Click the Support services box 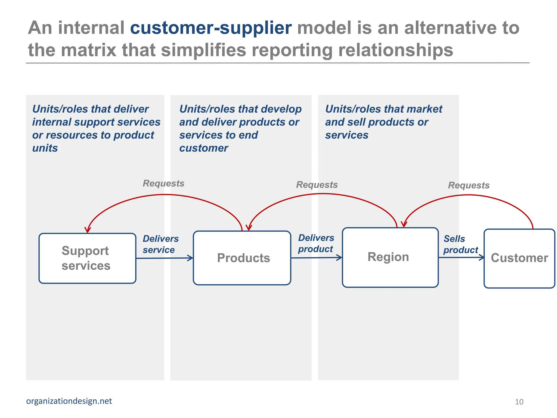click(x=87, y=258)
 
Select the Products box click(x=242, y=258)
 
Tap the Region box click(x=390, y=257)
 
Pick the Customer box click(x=519, y=258)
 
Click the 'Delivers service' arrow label click(x=160, y=244)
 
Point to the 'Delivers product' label click(x=316, y=243)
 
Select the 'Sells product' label click(x=460, y=244)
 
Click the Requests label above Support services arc click(x=163, y=183)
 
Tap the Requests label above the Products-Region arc click(x=317, y=185)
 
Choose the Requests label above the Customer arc click(x=469, y=185)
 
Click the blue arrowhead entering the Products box click(x=190, y=258)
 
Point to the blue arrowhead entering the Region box click(x=339, y=257)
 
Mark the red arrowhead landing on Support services click(x=88, y=230)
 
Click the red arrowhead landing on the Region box click(x=404, y=224)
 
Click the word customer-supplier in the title click(x=211, y=28)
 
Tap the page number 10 click(x=519, y=402)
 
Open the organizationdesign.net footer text click(x=69, y=401)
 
